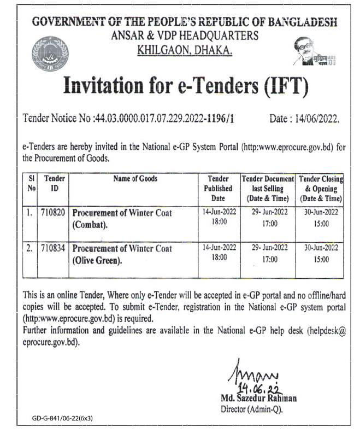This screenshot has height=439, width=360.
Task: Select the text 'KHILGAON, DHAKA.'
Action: click(x=185, y=50)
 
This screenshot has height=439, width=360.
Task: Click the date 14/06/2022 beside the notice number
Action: click(x=304, y=119)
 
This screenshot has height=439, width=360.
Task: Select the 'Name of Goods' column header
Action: click(x=135, y=179)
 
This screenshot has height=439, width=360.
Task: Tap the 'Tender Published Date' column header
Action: click(x=218, y=188)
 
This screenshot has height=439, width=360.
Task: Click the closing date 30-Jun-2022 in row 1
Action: click(x=321, y=213)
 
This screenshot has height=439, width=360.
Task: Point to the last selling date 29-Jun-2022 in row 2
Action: click(x=267, y=248)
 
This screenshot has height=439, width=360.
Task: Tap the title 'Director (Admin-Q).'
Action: click(x=251, y=408)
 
